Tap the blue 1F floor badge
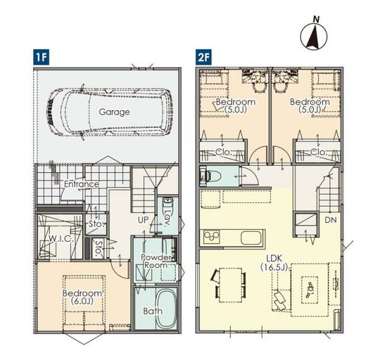point(41,58)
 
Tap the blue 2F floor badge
point(204,58)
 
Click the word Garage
point(114,112)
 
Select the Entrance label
point(82,184)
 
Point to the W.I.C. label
point(61,239)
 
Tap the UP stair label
point(143,220)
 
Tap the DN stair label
point(331,220)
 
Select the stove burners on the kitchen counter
point(212,237)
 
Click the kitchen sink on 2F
point(251,238)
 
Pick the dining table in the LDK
point(231,285)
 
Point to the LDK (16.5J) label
point(275,263)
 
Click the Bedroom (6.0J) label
point(82,297)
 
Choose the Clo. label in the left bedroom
point(224,152)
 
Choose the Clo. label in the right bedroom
point(319,152)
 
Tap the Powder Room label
point(156,261)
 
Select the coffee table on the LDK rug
point(310,290)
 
